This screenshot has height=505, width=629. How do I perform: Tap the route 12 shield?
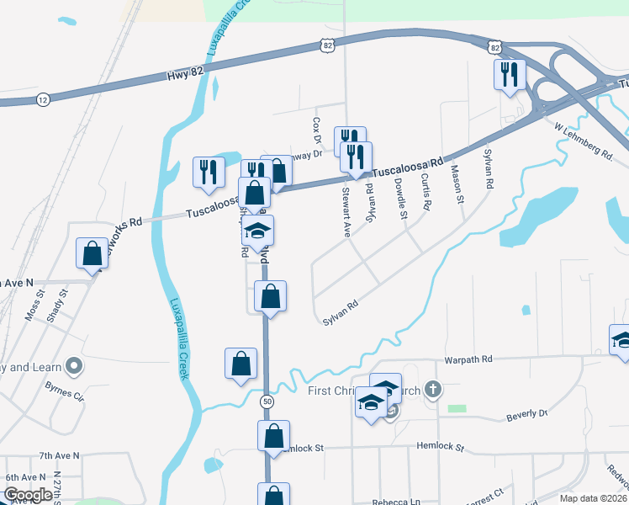pyautogui.click(x=42, y=100)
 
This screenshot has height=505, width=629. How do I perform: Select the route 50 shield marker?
pyautogui.click(x=267, y=402)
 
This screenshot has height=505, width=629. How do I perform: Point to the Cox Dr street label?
pyautogui.click(x=317, y=129)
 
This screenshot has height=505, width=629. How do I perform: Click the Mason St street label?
pyautogui.click(x=457, y=184)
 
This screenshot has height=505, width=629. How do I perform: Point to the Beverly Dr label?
pyautogui.click(x=527, y=415)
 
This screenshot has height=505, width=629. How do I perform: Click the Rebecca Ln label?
pyautogui.click(x=396, y=502)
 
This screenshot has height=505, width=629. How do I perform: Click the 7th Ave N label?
pyautogui.click(x=59, y=455)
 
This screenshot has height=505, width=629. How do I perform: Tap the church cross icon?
pyautogui.click(x=432, y=389)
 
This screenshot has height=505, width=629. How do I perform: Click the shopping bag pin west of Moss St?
pyautogui.click(x=92, y=252)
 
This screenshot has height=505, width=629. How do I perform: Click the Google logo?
pyautogui.click(x=28, y=495)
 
